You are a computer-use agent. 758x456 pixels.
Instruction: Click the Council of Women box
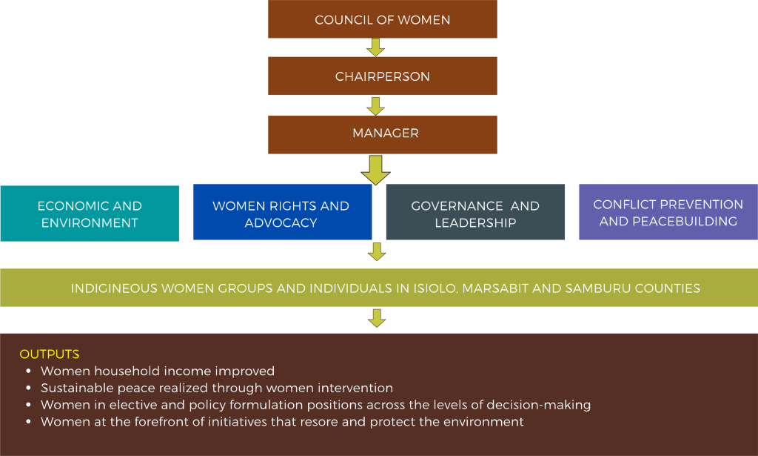[382, 19]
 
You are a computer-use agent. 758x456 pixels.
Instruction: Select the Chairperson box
[382, 76]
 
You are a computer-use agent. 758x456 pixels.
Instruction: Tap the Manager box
[382, 133]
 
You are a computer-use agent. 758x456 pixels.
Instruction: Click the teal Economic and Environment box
[90, 214]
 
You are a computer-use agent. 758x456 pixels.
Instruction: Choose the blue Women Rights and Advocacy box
[281, 214]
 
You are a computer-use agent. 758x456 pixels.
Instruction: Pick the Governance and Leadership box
[475, 214]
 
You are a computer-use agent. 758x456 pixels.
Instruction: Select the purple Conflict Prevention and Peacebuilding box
[668, 212]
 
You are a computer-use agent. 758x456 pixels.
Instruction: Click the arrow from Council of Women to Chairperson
[376, 47]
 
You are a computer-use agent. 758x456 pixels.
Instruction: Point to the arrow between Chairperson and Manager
[376, 105]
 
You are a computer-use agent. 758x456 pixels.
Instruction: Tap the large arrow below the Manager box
[376, 170]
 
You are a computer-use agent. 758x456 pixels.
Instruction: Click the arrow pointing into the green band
[377, 252]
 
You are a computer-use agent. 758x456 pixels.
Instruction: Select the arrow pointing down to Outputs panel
[377, 318]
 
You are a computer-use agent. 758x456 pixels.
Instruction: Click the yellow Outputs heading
[50, 354]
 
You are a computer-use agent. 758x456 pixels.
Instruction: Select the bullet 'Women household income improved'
[158, 371]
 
